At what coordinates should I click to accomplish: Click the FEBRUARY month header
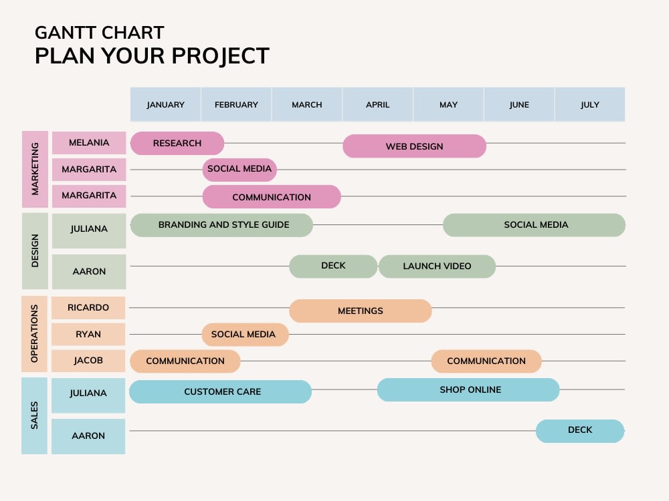(236, 105)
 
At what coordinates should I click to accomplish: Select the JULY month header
(589, 105)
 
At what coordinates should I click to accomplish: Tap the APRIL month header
(377, 105)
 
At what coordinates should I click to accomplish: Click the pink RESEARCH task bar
(177, 143)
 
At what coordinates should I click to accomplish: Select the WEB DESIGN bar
(414, 146)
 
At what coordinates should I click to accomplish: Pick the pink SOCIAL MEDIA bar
(240, 169)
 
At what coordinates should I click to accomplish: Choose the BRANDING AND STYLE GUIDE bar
(221, 225)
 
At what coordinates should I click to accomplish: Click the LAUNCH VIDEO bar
(437, 266)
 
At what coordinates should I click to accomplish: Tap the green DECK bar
(333, 266)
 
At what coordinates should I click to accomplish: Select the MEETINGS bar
(360, 311)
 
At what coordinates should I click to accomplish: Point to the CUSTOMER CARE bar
(220, 391)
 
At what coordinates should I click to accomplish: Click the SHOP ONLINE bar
(468, 389)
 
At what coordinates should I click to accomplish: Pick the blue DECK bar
(579, 430)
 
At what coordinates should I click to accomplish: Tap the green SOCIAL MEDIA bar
(534, 225)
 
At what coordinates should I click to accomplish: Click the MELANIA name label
(89, 143)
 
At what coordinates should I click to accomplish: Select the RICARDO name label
(88, 308)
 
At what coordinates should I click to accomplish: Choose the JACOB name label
(88, 361)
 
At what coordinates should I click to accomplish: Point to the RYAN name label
(88, 334)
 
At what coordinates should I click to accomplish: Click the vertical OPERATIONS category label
(35, 334)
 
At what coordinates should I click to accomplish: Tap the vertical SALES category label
(35, 415)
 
